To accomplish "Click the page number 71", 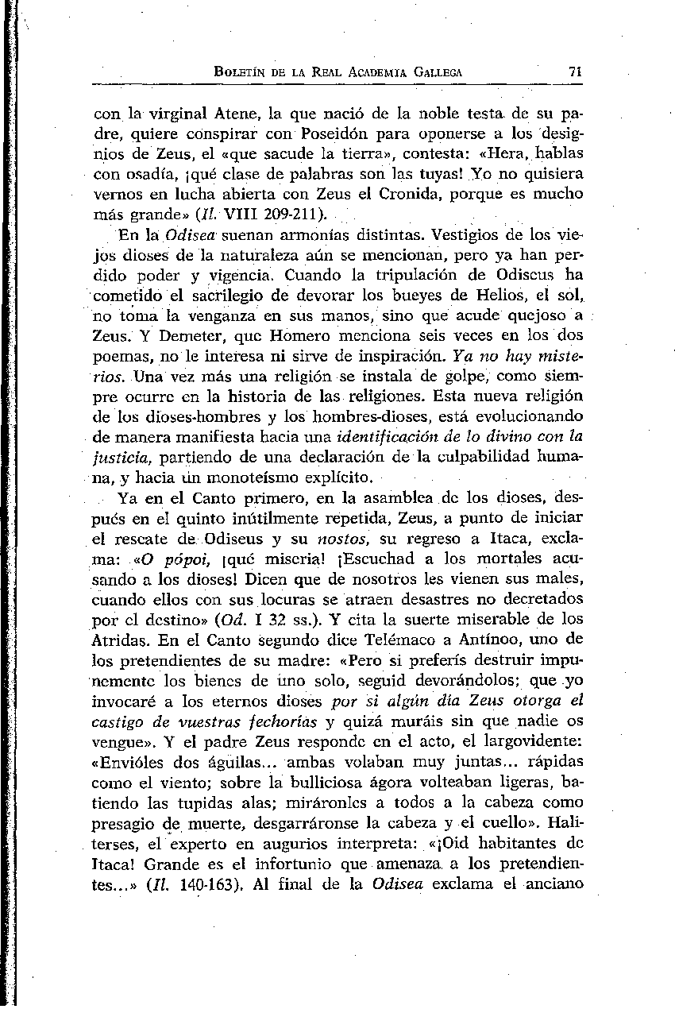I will point(577,72).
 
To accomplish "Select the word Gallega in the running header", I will point(434,72).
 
